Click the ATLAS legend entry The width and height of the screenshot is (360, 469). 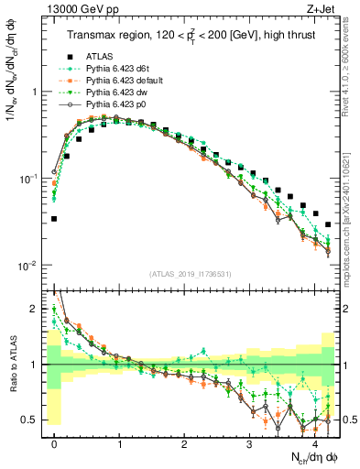tap(100, 58)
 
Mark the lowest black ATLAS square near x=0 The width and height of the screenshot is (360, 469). tap(54, 219)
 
